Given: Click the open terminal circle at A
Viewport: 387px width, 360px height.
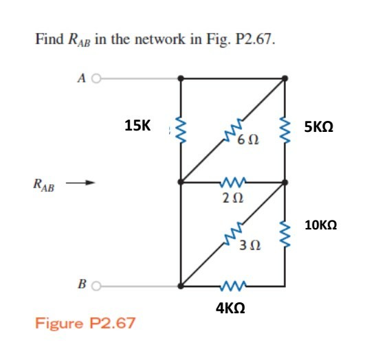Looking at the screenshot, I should (x=96, y=78).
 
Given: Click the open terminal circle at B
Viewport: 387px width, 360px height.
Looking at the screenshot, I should (x=96, y=285).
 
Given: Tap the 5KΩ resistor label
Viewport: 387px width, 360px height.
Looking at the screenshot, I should (x=319, y=127).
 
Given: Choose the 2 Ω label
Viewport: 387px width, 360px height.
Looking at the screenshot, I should (x=232, y=198).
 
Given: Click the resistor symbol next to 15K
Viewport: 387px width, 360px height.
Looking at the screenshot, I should (x=181, y=128).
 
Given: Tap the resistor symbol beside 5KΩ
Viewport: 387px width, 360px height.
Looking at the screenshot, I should (x=284, y=128).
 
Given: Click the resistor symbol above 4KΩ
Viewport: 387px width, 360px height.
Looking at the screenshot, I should (x=232, y=285).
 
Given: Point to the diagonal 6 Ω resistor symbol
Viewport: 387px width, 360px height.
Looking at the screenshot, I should (x=233, y=129).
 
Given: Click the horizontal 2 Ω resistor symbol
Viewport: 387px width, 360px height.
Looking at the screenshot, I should (x=232, y=183).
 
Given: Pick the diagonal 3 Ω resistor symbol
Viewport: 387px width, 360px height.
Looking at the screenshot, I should (x=233, y=233).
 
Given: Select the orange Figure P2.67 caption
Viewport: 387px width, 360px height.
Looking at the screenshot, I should (x=85, y=322).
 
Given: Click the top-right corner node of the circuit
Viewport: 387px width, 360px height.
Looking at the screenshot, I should (x=284, y=78).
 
